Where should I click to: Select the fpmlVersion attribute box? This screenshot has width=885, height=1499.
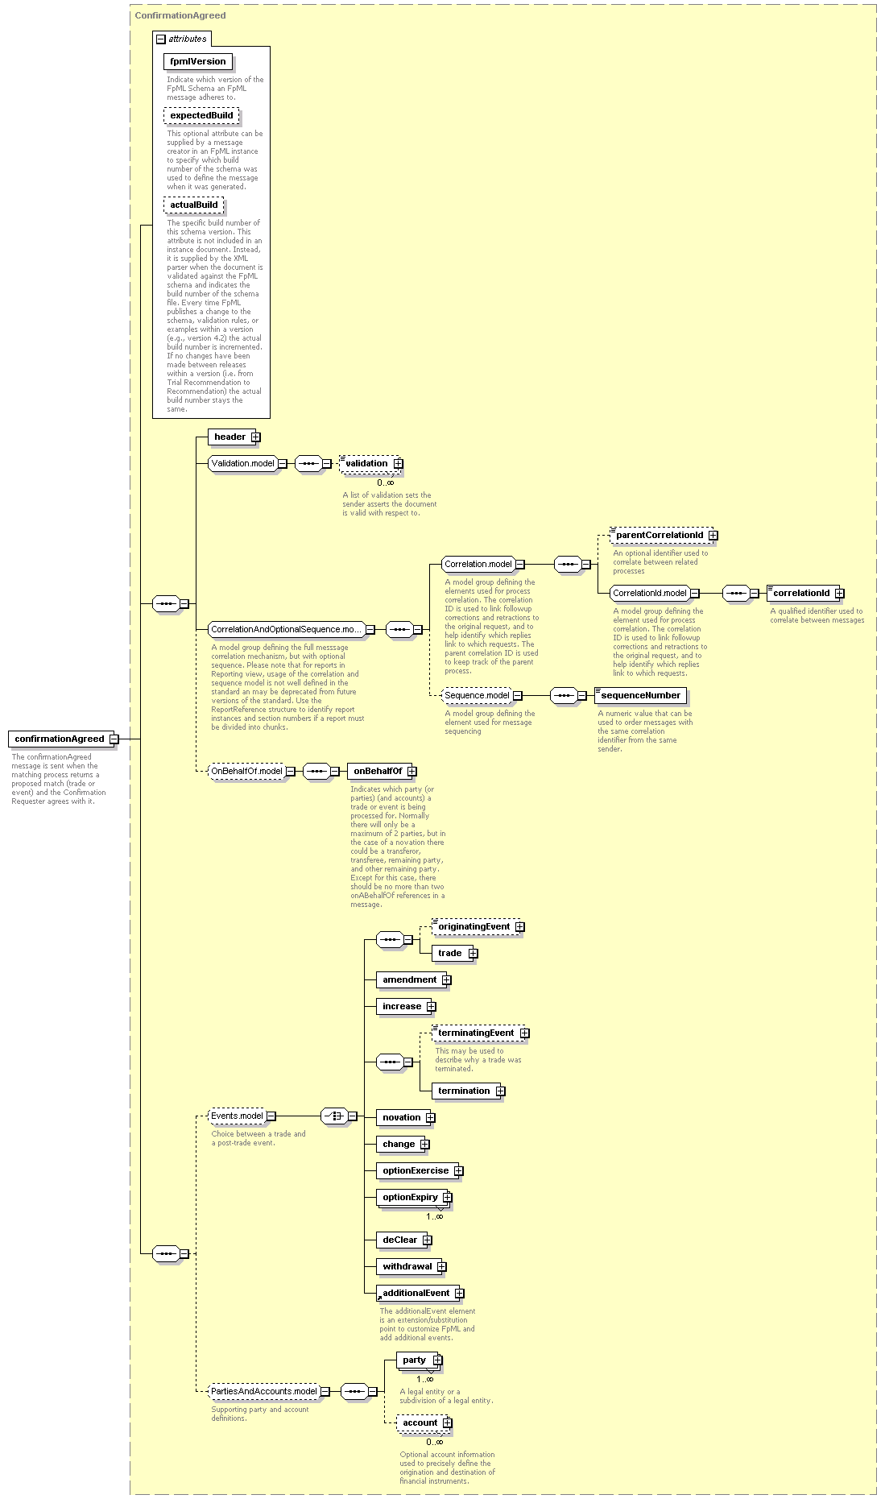[198, 61]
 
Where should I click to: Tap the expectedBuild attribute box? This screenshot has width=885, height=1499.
[201, 115]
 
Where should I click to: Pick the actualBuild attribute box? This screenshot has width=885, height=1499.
[193, 205]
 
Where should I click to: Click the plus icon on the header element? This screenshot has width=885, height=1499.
[255, 437]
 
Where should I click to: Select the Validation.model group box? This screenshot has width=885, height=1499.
[247, 463]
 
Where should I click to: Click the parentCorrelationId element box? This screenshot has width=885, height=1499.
[664, 535]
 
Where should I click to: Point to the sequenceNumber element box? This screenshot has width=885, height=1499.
[640, 695]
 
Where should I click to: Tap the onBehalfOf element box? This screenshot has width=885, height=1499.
[382, 771]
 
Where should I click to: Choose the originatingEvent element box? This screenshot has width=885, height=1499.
[478, 926]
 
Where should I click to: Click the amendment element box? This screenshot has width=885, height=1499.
[414, 979]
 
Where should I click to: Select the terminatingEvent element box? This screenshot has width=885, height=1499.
[480, 1033]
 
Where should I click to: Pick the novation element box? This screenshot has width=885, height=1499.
[406, 1117]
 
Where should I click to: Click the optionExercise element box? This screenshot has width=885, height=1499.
[420, 1170]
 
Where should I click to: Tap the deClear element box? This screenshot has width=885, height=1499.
[404, 1240]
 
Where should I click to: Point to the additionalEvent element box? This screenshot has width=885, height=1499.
[420, 1293]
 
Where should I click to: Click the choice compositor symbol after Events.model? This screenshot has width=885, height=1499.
[334, 1116]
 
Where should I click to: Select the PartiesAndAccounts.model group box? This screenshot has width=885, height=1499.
[269, 1391]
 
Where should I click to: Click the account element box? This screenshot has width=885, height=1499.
[424, 1422]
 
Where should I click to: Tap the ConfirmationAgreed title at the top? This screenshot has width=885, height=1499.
[180, 15]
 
